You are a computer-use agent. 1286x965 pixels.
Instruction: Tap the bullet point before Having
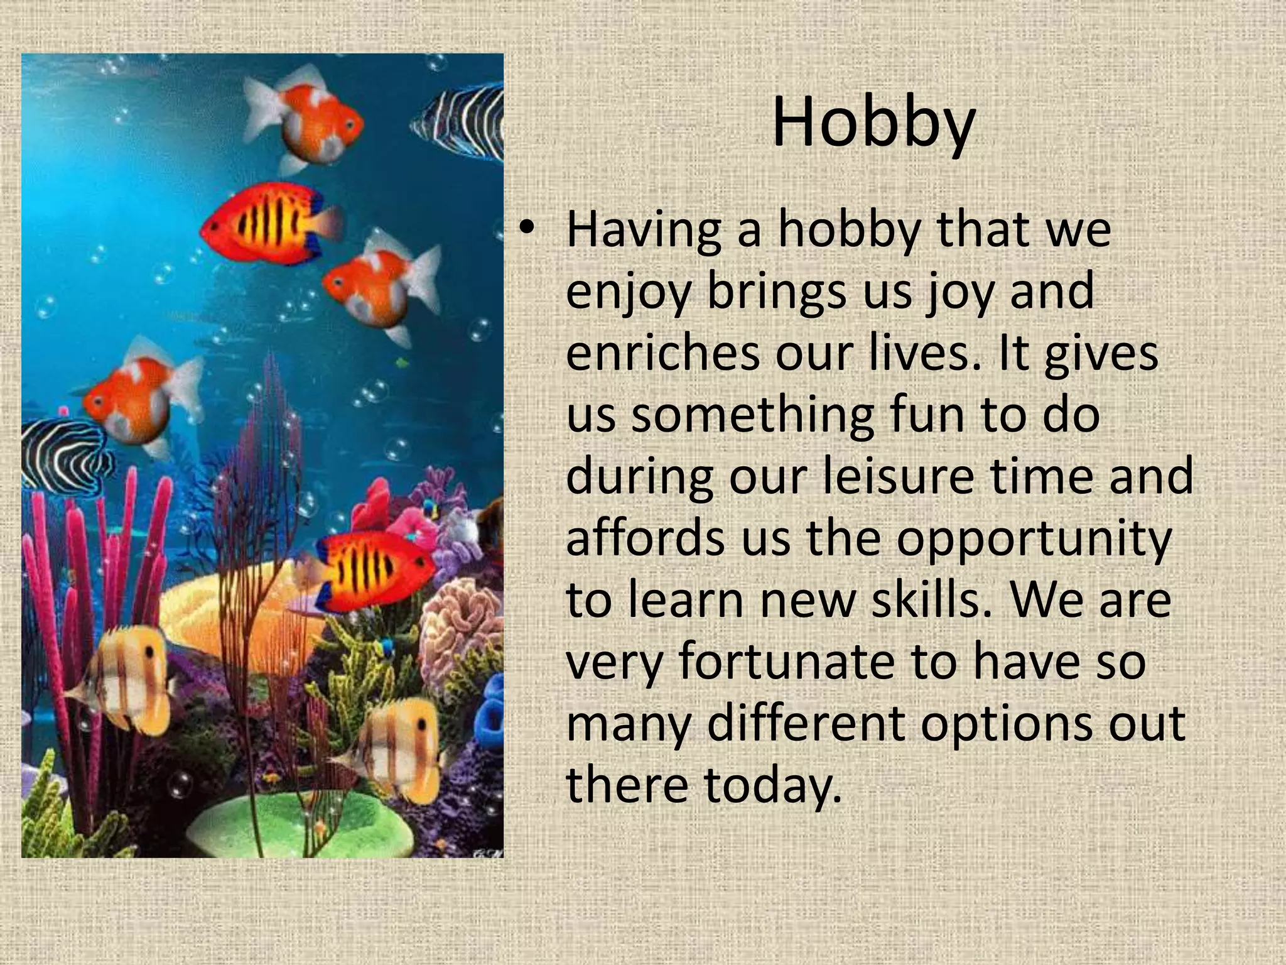527,230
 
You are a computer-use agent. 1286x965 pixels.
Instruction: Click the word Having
643,230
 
